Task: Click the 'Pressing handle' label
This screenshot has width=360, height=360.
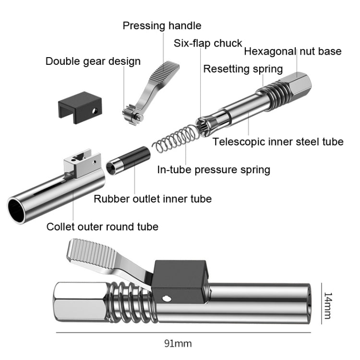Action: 162,25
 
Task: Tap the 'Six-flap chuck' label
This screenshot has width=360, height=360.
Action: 208,43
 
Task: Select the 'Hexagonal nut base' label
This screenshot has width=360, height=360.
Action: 293,51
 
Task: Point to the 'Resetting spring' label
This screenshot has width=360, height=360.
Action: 243,69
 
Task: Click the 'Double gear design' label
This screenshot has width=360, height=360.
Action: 93,61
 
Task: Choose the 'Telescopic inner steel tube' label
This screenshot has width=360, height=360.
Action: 278,142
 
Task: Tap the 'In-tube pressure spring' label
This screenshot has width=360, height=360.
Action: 214,169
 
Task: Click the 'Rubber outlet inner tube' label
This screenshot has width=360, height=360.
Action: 152,199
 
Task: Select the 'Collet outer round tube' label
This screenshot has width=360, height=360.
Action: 102,227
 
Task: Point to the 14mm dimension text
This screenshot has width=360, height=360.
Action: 328,305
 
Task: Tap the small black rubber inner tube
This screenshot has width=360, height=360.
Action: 127,161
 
